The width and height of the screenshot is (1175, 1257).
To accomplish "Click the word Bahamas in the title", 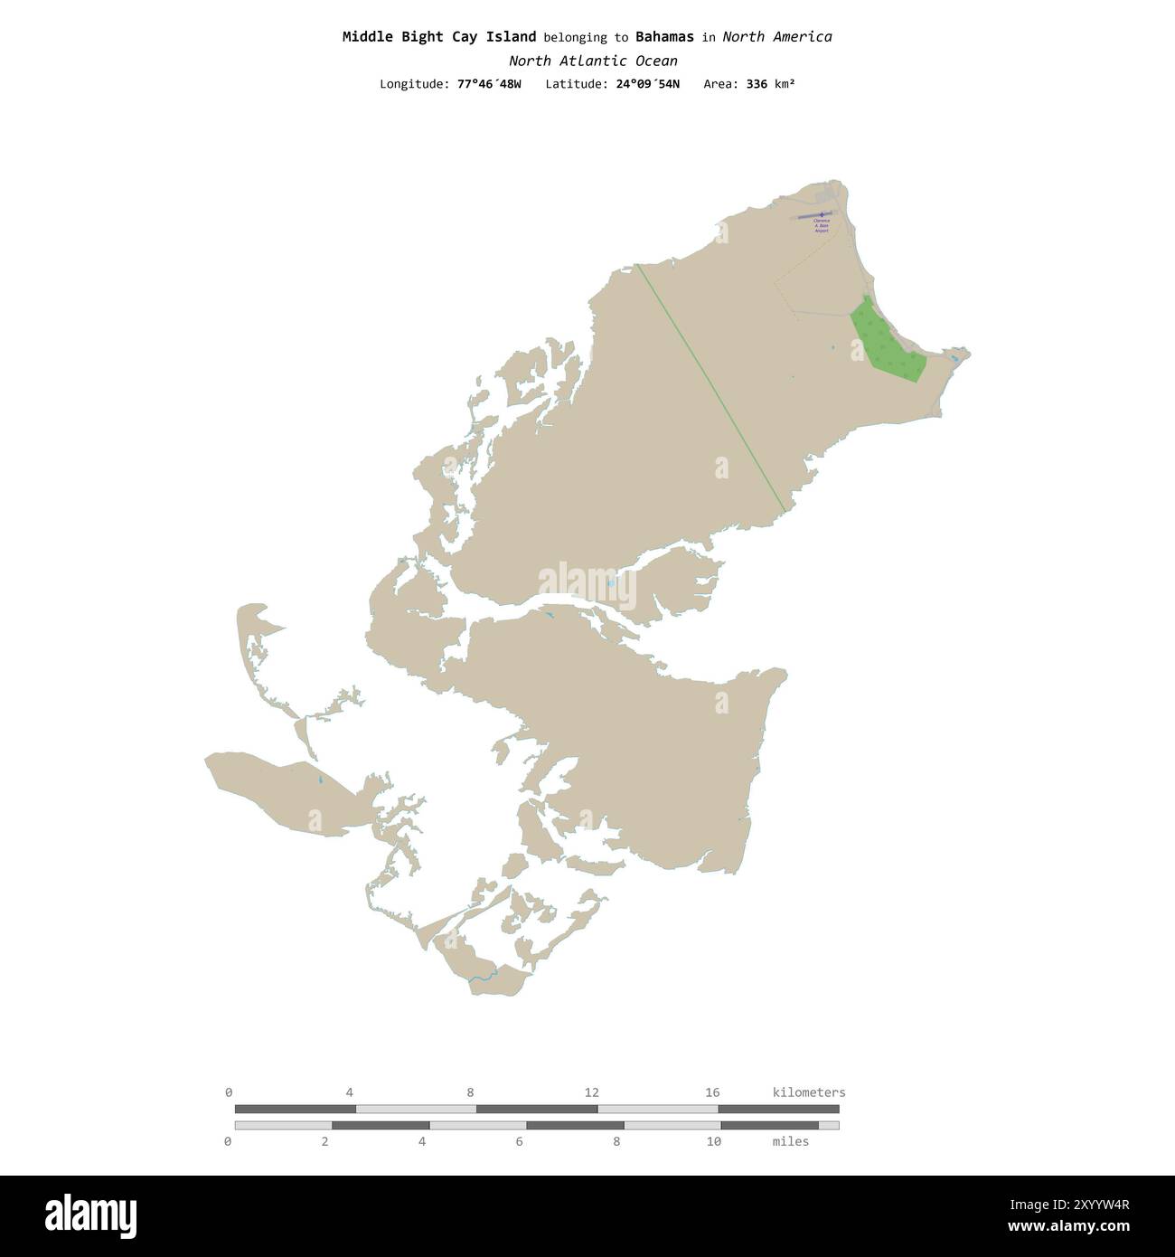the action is [x=664, y=37].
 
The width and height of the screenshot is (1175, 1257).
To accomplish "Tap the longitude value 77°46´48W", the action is [x=489, y=84].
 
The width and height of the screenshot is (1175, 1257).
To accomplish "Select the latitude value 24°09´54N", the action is [x=647, y=84].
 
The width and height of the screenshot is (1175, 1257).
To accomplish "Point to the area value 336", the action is [x=757, y=84].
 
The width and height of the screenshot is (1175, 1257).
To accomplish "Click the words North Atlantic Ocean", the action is [x=593, y=61].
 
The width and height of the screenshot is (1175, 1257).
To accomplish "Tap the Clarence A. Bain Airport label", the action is [x=822, y=226].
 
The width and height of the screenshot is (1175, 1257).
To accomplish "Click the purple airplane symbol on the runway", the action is [x=821, y=215].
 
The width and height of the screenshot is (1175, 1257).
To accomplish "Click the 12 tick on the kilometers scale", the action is [x=591, y=1093].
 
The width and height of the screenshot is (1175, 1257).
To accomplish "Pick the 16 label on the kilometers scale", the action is [x=712, y=1093].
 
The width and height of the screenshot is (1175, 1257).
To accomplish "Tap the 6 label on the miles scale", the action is [x=520, y=1142].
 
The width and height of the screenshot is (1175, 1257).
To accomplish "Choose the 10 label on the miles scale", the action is [x=714, y=1142].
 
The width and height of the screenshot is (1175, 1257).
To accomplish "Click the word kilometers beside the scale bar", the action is [x=809, y=1093].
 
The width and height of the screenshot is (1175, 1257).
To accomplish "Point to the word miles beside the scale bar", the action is [x=791, y=1142].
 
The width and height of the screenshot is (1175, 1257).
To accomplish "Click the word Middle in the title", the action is [x=368, y=37].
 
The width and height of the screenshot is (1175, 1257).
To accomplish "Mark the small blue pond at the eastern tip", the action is [x=954, y=359].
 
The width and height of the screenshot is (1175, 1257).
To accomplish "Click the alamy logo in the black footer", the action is [x=90, y=1216].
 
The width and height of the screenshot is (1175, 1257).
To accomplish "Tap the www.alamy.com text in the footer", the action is [x=1069, y=1227].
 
